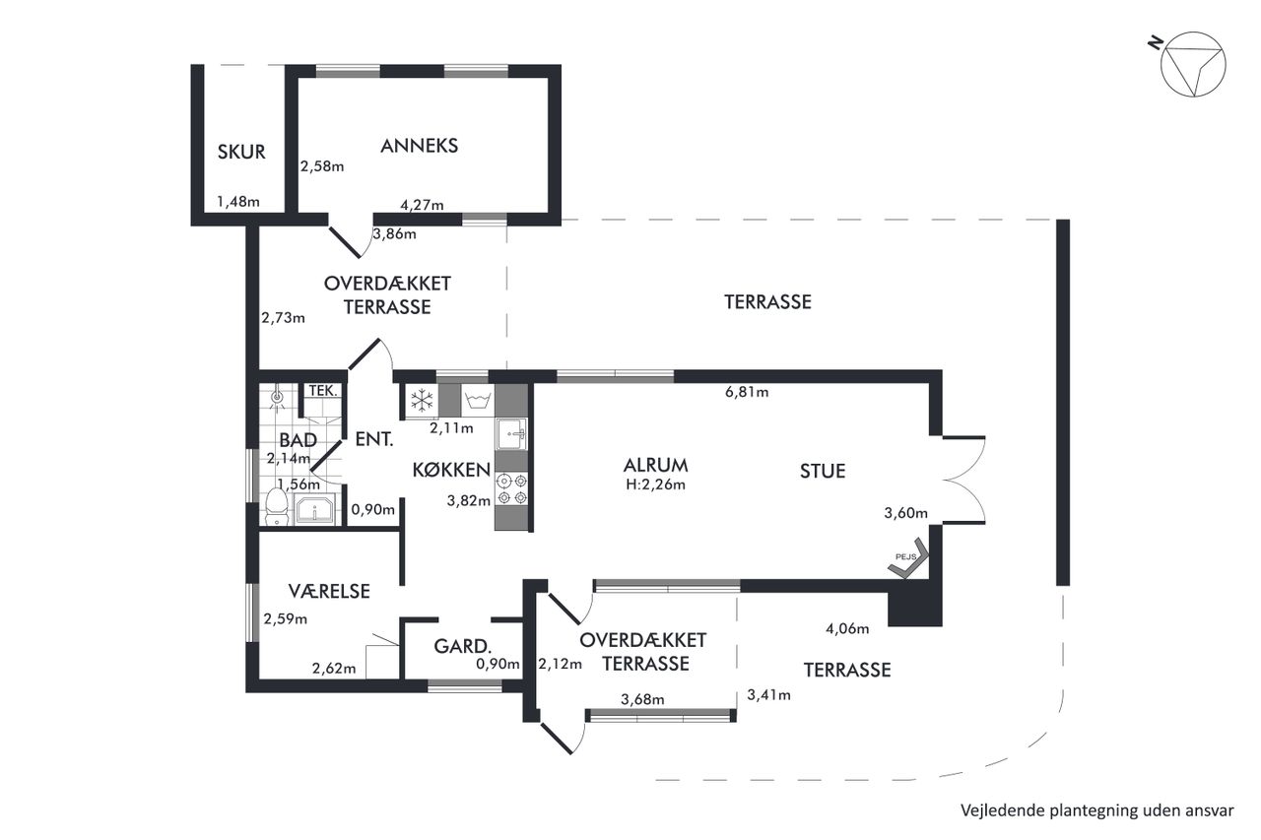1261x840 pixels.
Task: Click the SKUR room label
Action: (241, 152)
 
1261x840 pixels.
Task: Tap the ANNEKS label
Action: (420, 146)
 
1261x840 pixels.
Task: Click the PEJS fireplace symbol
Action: (908, 558)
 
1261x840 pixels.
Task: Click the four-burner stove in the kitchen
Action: (511, 488)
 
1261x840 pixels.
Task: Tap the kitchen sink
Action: (511, 433)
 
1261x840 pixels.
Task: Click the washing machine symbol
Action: (478, 401)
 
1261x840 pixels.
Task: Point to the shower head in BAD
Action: (277, 397)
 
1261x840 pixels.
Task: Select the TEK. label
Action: (323, 391)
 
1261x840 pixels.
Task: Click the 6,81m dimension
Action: (747, 392)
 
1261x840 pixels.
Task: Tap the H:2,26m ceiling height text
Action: (656, 485)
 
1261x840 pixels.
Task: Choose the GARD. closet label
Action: (463, 646)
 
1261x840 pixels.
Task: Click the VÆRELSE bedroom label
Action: (329, 591)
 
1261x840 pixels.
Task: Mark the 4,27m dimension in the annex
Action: (422, 205)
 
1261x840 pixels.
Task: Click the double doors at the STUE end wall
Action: (963, 480)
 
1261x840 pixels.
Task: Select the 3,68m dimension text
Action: (642, 699)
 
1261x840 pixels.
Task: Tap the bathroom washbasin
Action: (314, 509)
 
